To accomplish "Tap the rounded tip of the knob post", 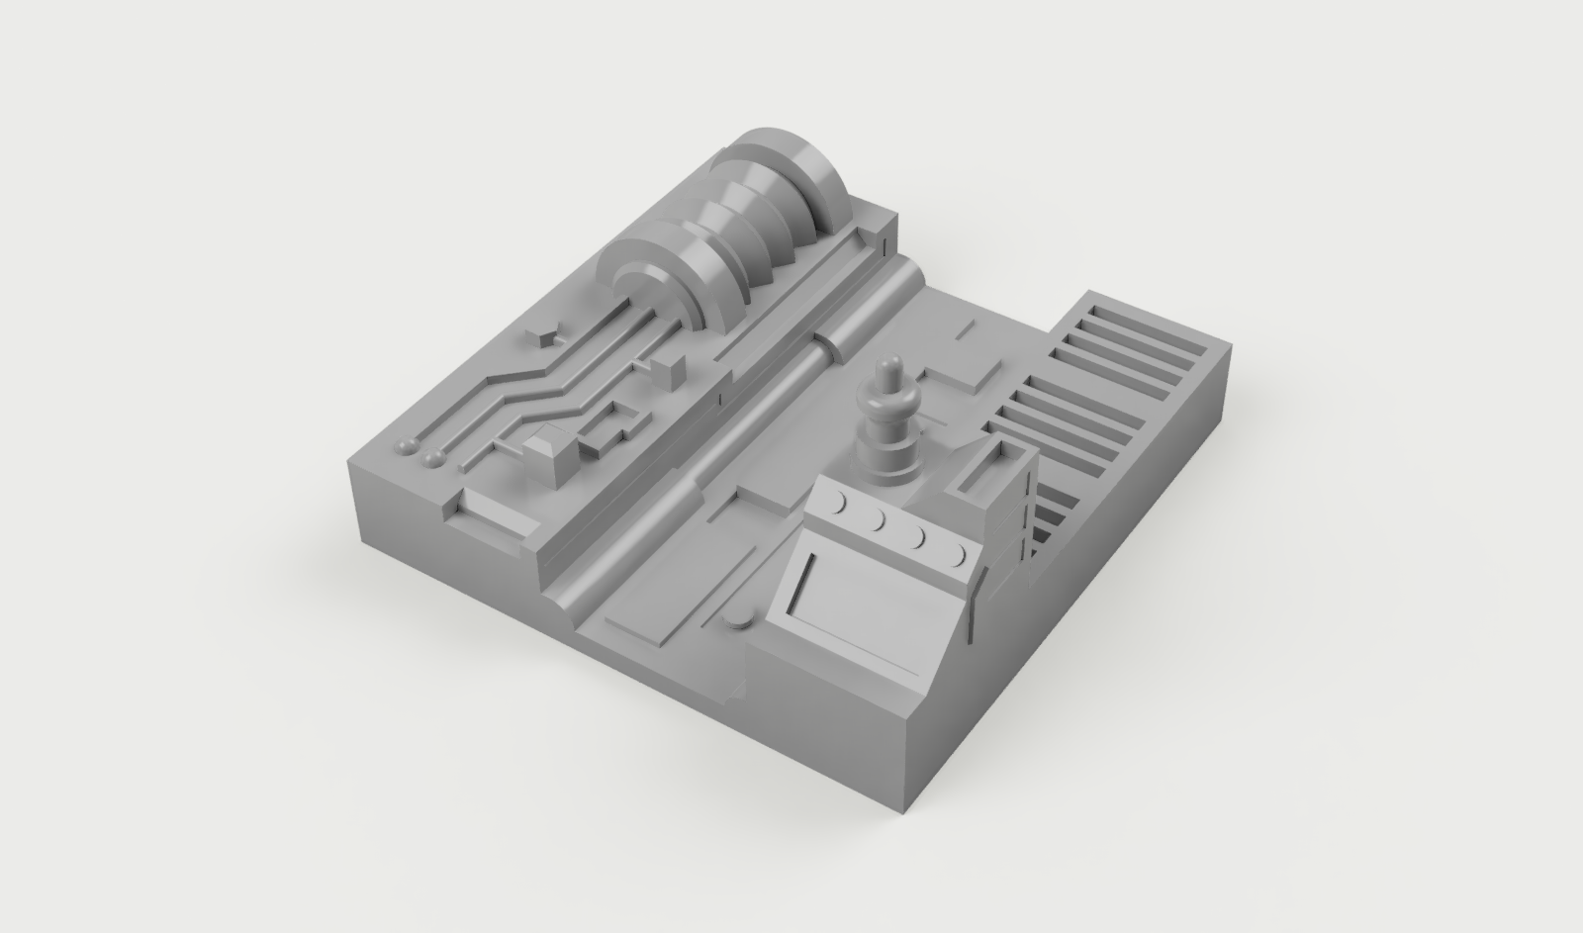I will pos(887,366).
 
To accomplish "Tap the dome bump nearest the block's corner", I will pos(407,447).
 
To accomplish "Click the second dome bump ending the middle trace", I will pos(431,458).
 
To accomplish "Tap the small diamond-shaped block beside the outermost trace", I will pos(544,336).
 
